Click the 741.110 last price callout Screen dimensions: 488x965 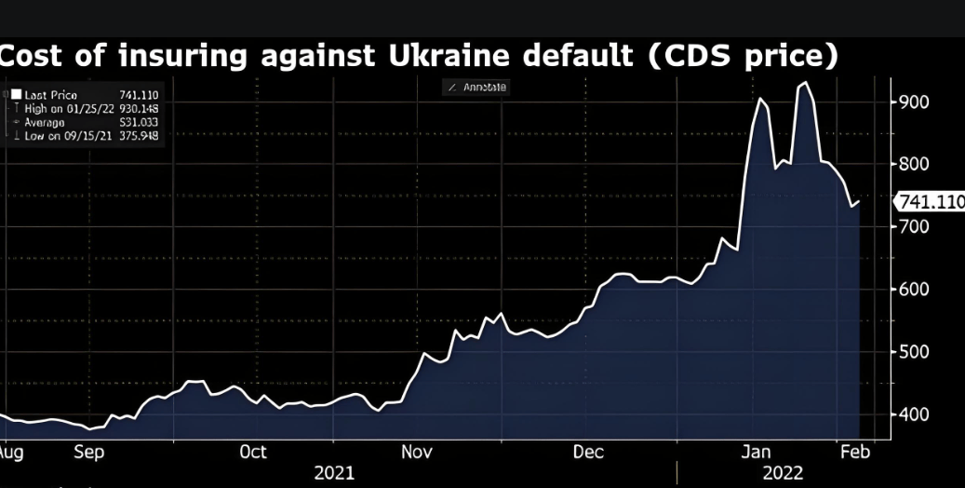(930, 202)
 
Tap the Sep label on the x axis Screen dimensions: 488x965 (88, 452)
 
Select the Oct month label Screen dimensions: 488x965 (253, 452)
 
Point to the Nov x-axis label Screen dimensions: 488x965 (417, 452)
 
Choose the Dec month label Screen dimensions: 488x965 (588, 452)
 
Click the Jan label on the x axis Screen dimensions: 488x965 (756, 452)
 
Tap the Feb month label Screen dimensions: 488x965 (854, 452)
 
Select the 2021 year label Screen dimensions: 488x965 (334, 473)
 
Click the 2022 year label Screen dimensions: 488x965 (783, 473)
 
